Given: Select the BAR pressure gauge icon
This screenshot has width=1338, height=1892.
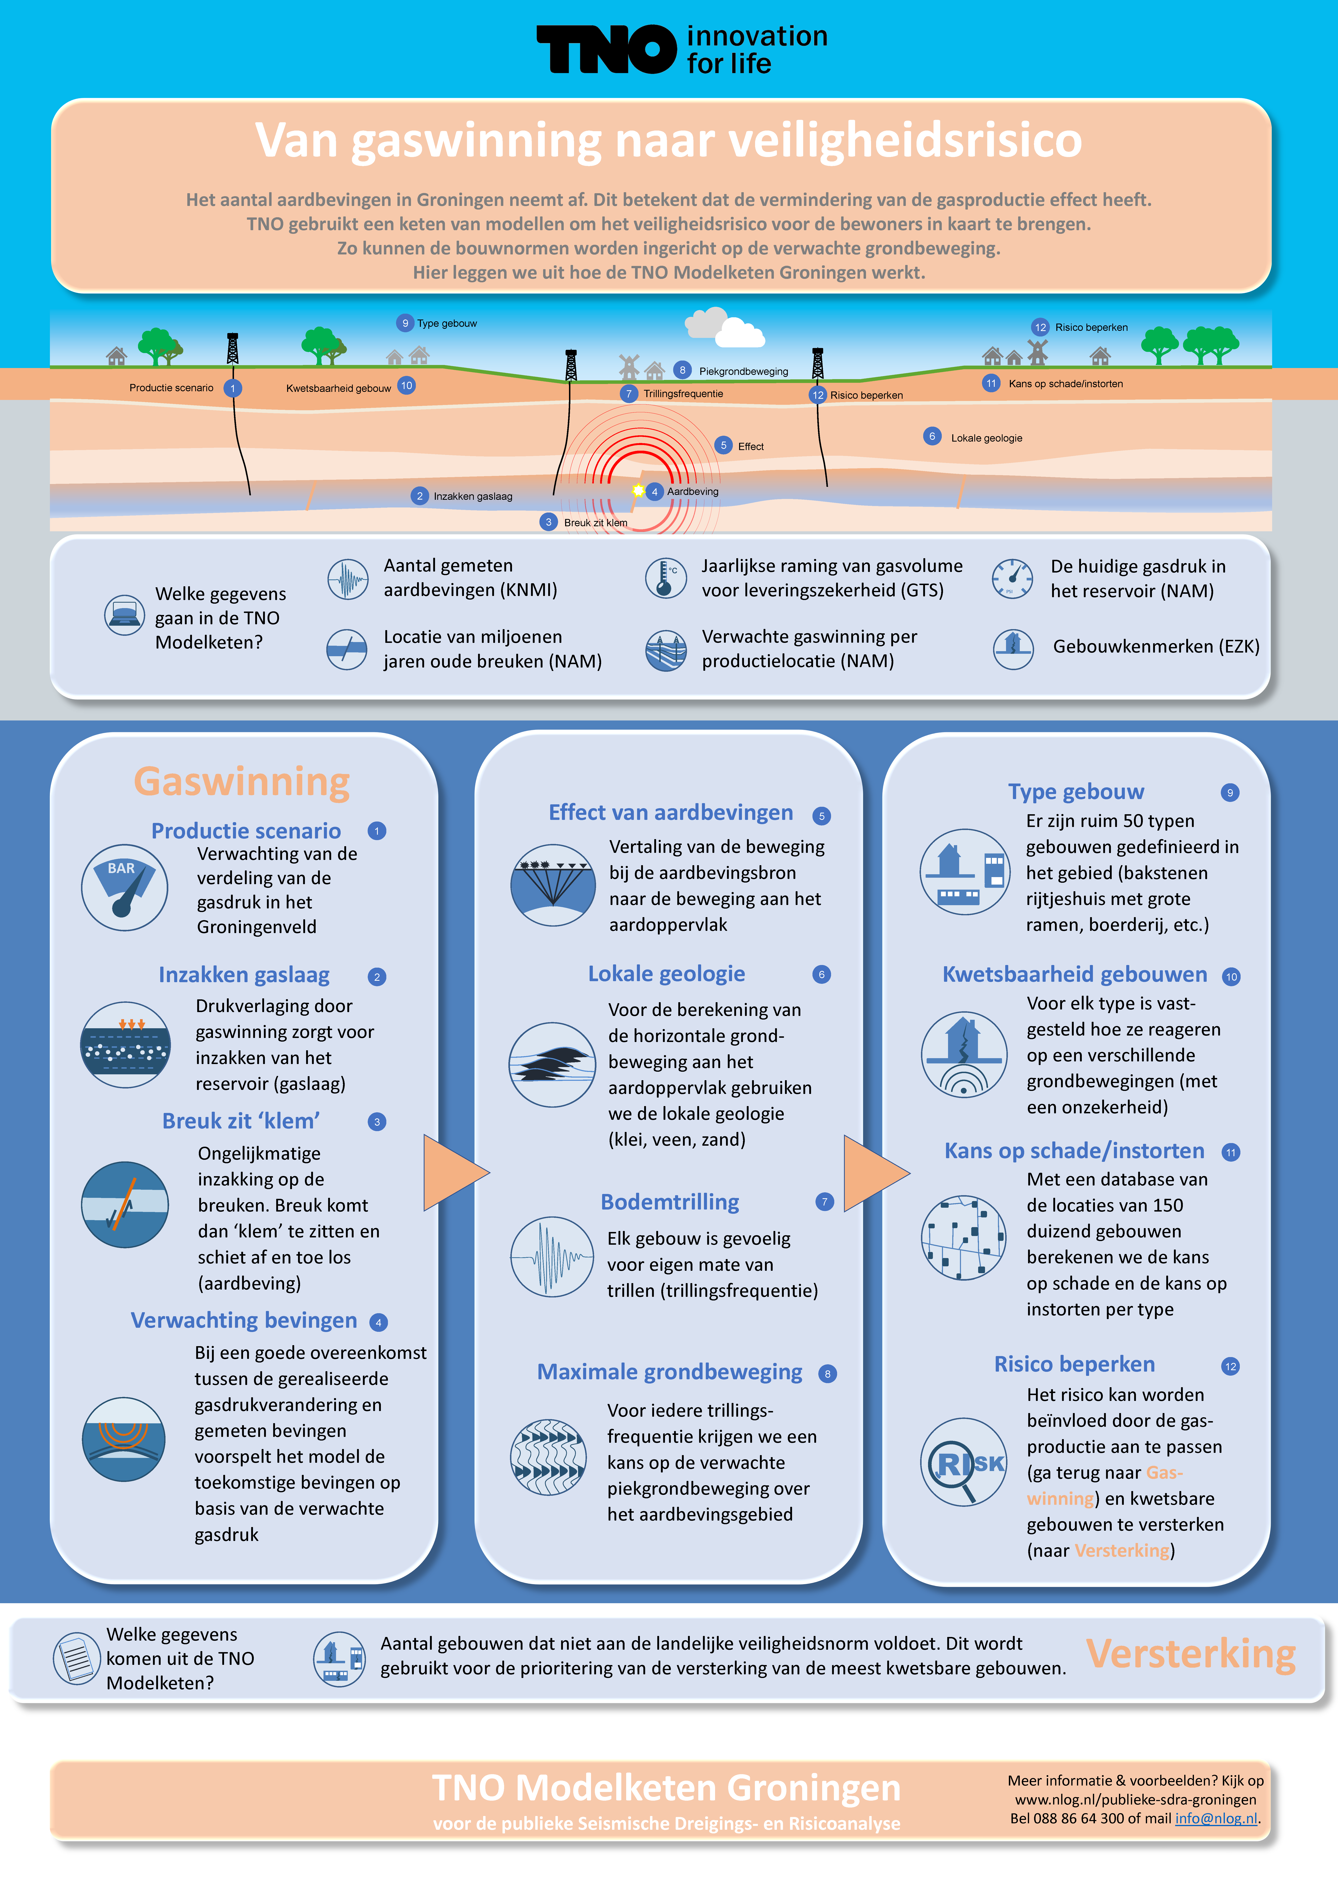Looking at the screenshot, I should point(124,887).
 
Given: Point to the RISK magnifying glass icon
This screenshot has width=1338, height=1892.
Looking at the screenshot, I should point(963,1462).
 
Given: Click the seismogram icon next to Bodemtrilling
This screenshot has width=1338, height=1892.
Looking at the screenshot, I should point(551,1257).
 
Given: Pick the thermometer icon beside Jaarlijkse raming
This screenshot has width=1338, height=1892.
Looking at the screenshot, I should point(666,578).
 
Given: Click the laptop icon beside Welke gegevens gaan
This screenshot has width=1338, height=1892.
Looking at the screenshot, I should point(124,615).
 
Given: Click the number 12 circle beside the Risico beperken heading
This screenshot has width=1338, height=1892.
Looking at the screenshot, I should point(1230,1366).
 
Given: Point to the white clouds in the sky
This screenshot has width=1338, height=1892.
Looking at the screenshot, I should point(725,328).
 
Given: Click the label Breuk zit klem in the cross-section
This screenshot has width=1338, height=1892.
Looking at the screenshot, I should point(595,522).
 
